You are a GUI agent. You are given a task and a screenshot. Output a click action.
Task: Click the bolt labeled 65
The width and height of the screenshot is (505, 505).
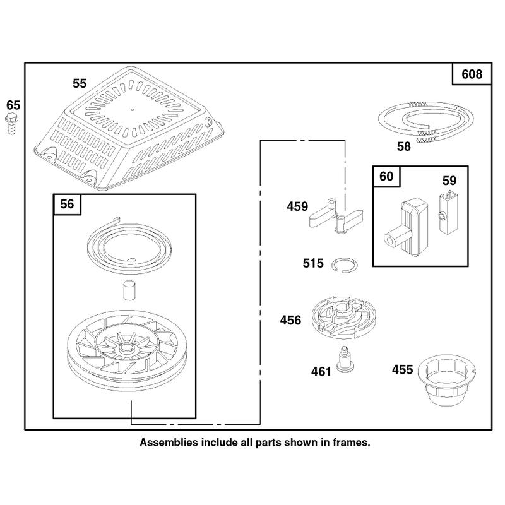tap(11, 124)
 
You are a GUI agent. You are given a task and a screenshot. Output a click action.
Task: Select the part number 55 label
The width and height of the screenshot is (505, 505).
tap(80, 83)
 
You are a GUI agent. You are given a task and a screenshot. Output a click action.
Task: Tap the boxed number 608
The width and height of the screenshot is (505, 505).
tap(472, 74)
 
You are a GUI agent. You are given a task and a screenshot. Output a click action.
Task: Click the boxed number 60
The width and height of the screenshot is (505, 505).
tap(386, 177)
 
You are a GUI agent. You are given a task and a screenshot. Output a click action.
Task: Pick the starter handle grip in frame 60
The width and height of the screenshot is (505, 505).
tap(406, 228)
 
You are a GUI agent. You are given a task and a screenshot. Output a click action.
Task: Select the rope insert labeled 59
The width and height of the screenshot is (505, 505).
tap(448, 213)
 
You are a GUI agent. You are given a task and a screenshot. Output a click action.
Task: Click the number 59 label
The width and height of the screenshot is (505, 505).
tap(449, 181)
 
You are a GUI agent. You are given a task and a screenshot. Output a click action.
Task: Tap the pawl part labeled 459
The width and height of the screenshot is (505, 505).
tap(336, 216)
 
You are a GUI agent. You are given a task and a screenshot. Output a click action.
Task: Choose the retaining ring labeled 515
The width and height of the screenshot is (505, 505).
tap(344, 265)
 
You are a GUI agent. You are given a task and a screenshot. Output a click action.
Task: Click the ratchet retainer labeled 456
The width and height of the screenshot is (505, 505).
tap(343, 318)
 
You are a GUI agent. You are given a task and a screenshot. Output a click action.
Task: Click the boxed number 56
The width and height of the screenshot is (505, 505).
tap(67, 204)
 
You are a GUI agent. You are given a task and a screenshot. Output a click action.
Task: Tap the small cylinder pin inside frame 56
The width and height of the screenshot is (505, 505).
tap(129, 291)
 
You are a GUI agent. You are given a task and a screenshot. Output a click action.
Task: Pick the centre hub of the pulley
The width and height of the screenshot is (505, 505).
tap(127, 348)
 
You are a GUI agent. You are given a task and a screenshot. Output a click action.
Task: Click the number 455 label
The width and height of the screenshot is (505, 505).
tap(402, 370)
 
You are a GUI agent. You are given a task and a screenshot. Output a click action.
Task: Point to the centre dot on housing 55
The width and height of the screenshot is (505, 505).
tap(133, 109)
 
